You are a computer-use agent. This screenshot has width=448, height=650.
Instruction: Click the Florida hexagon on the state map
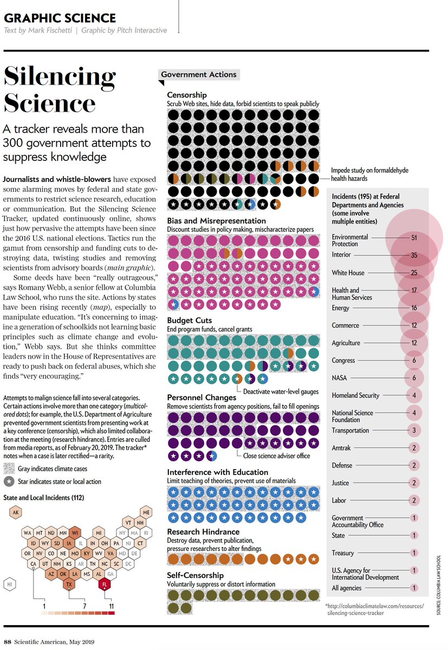(105, 584)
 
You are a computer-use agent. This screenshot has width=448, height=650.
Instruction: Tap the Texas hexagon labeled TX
(69, 584)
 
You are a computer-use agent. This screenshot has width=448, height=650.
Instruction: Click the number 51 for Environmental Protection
(414, 237)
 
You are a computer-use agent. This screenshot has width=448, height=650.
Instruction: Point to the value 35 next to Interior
(414, 255)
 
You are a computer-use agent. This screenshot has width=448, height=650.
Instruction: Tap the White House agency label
(348, 272)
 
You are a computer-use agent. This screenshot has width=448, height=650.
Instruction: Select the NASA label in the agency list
(340, 378)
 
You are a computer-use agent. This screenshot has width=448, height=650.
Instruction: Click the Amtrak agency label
(342, 448)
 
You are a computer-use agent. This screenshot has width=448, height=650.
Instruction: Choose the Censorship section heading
(186, 95)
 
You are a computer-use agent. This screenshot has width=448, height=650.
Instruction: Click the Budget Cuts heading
(189, 321)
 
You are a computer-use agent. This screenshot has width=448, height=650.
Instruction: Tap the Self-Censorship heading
(195, 575)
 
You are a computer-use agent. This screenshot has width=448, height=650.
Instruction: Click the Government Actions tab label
(199, 74)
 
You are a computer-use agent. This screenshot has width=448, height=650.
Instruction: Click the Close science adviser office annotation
(276, 456)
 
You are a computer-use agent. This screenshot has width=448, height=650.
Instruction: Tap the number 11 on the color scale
(112, 605)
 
